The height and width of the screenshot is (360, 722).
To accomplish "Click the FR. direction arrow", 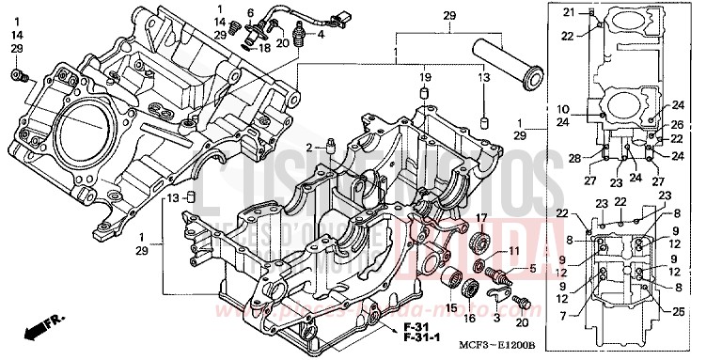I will [x=40, y=329].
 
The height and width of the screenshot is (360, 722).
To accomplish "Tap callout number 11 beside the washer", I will [x=512, y=251].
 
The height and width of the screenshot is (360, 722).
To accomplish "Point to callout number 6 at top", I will [x=250, y=12].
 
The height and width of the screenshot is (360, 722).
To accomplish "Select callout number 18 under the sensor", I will [x=264, y=46].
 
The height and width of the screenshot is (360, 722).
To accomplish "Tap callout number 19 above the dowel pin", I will [x=425, y=75].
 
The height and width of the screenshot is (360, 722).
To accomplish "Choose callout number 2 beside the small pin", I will [x=307, y=148].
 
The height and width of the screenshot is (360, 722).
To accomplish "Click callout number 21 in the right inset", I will [x=568, y=11].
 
